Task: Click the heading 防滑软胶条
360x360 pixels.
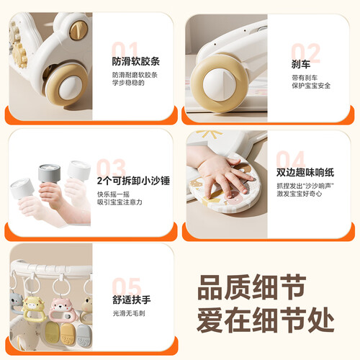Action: click(x=135, y=61)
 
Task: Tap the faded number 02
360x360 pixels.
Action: click(x=306, y=53)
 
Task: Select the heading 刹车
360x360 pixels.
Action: click(x=301, y=64)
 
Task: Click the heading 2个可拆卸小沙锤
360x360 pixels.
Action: click(x=133, y=181)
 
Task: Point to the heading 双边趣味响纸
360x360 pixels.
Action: click(x=305, y=172)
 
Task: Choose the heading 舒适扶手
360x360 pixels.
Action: click(x=132, y=300)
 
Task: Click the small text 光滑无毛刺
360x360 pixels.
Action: click(x=129, y=313)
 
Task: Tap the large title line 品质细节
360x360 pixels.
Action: click(x=252, y=287)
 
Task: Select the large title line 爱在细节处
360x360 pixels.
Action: click(x=266, y=320)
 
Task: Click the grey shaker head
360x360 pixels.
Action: click(x=49, y=173)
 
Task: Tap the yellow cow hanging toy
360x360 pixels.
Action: click(x=34, y=308)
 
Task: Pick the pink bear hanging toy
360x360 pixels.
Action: click(x=63, y=310)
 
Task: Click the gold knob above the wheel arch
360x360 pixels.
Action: click(x=78, y=30)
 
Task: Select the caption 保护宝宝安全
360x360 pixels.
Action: click(x=311, y=86)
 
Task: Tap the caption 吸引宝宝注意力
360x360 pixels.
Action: click(x=120, y=202)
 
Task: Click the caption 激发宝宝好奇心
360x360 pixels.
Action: click(x=299, y=194)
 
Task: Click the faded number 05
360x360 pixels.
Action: click(x=127, y=287)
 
